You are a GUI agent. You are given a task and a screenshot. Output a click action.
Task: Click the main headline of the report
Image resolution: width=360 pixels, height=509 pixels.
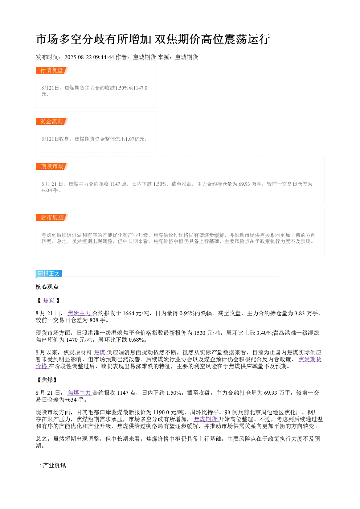153,39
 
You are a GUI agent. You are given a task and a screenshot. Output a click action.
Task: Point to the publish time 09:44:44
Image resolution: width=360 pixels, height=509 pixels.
103,57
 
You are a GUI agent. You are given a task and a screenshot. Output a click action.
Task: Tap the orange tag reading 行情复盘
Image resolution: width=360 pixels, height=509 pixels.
52,70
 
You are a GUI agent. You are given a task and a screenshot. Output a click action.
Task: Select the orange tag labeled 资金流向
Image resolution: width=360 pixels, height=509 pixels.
52,121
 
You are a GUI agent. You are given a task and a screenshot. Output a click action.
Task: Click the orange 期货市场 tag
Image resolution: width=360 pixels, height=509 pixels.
52,166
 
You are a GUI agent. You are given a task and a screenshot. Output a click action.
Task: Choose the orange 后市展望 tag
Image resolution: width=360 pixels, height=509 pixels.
52,217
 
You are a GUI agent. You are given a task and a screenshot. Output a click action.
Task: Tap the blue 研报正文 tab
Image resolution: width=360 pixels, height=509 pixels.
49,273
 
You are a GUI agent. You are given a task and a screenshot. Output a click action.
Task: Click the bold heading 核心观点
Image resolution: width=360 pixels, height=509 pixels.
47,287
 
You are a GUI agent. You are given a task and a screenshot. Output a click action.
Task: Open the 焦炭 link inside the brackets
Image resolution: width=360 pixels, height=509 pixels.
49,300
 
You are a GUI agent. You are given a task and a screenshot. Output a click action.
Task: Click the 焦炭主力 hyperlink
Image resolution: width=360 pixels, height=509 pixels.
79,313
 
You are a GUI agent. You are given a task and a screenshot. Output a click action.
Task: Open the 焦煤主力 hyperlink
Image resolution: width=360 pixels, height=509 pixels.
79,393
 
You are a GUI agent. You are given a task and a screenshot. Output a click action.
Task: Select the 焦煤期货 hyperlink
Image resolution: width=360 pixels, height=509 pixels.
206,419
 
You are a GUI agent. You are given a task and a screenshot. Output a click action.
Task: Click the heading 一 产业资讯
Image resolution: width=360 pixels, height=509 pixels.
51,465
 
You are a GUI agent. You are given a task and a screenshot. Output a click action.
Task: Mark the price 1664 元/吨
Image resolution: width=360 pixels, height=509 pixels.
136,313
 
